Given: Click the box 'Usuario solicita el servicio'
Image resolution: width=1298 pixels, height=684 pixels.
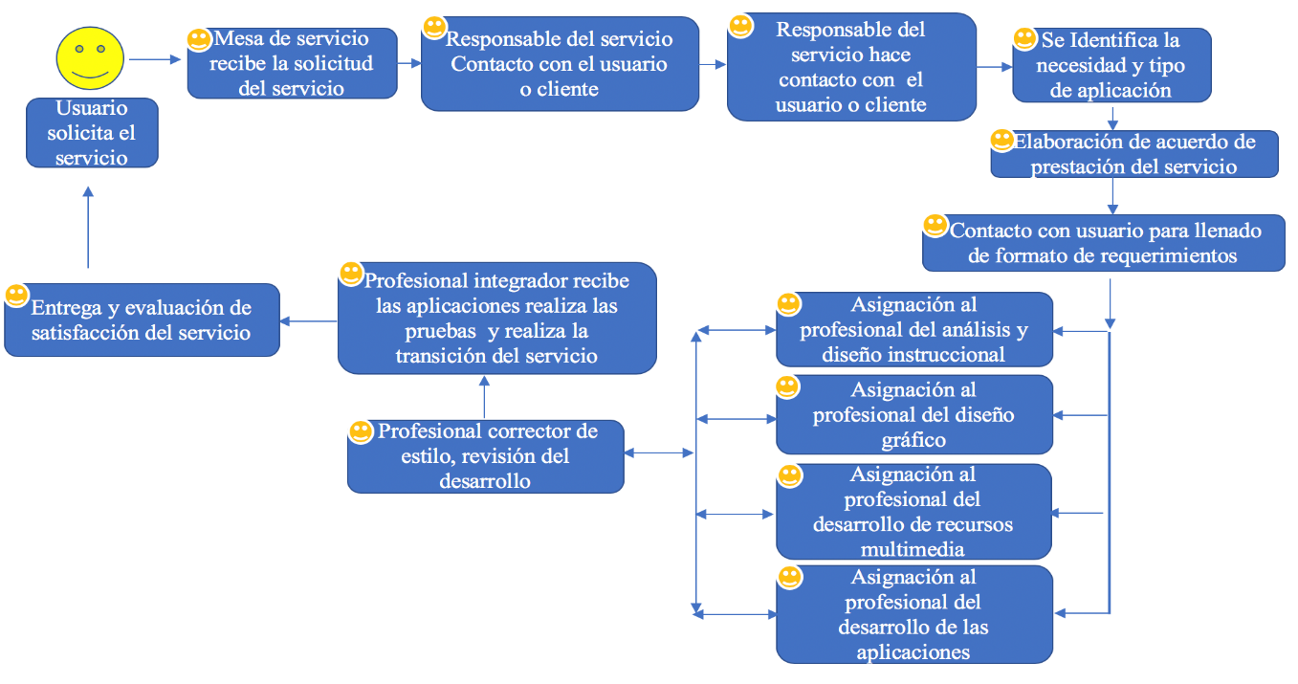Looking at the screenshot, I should (x=92, y=133).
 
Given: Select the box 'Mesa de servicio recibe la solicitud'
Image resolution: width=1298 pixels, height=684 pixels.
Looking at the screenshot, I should (x=292, y=64).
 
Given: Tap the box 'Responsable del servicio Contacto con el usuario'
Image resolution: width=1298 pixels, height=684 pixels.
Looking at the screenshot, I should (x=560, y=64).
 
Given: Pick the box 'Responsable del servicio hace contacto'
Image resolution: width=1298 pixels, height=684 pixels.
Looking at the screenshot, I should (x=851, y=67).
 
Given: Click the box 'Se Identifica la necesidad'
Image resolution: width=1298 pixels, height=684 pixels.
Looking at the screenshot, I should (x=1112, y=66).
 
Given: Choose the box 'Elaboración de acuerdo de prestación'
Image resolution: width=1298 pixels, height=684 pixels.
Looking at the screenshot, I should (x=1134, y=154).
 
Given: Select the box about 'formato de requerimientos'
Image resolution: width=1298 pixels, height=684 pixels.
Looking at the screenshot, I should (x=1103, y=243).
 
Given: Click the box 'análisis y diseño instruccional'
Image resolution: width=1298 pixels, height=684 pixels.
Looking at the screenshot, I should (x=913, y=330).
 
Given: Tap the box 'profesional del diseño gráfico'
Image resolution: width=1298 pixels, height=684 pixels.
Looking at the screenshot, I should (x=913, y=415).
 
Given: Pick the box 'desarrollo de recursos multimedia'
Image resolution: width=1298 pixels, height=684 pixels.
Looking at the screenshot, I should (x=913, y=512).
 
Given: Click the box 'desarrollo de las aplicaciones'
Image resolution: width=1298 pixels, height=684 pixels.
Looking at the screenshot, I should (x=913, y=614).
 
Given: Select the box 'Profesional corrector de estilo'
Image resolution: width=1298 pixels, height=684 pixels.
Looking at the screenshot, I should (x=485, y=456).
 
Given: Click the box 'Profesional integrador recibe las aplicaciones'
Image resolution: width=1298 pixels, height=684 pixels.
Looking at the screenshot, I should (x=496, y=319).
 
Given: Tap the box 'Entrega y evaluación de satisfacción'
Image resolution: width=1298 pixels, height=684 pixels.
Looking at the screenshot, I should (x=142, y=320).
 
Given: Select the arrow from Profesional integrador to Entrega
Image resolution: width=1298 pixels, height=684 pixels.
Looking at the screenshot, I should (x=308, y=320).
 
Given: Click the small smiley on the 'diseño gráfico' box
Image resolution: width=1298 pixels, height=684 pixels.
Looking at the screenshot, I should (x=787, y=387).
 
